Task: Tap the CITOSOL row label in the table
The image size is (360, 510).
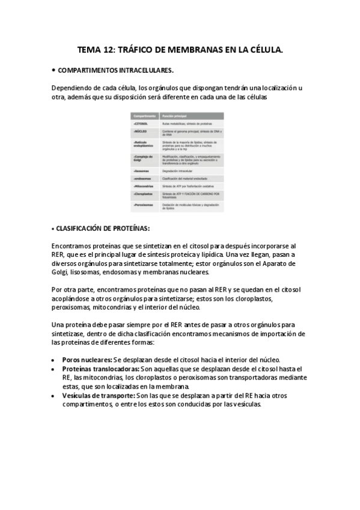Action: pyautogui.click(x=142, y=123)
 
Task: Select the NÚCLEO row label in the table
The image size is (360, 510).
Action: pyautogui.click(x=141, y=131)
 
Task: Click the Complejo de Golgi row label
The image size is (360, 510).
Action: pyautogui.click(x=144, y=158)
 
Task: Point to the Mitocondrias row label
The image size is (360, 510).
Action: pyautogui.click(x=145, y=186)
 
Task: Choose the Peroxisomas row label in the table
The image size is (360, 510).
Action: pyautogui.click(x=145, y=204)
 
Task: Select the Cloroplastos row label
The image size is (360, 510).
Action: pyautogui.click(x=145, y=194)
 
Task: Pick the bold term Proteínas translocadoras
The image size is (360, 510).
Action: pyautogui.click(x=100, y=369)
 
